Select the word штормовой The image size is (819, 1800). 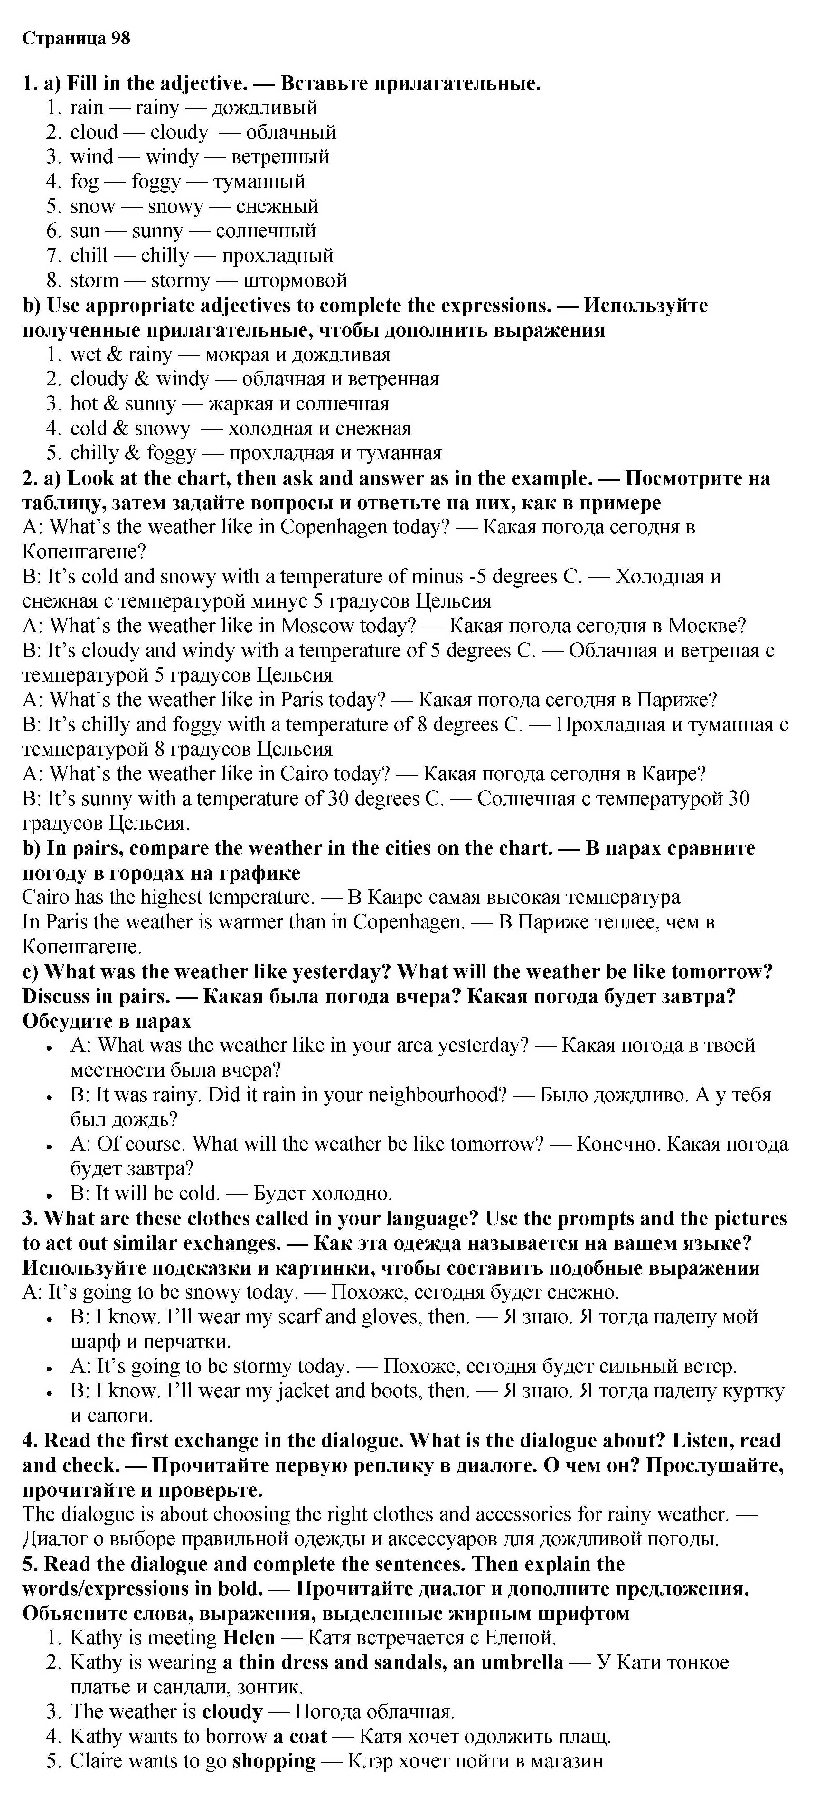(294, 280)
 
